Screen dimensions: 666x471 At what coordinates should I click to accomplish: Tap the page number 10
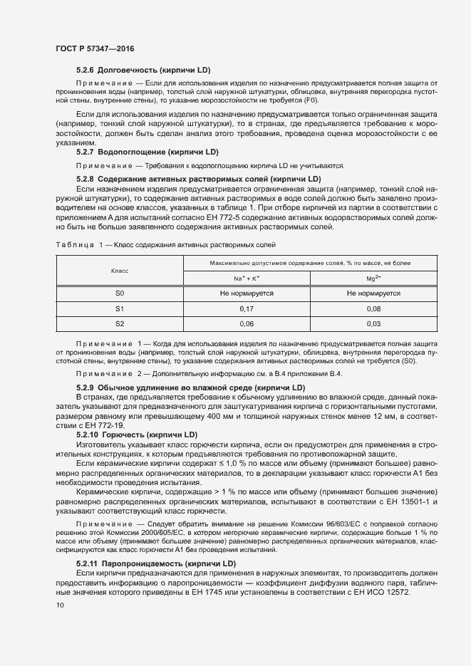tap(60, 605)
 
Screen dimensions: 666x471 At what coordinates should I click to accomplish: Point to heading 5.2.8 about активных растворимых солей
tap(198, 178)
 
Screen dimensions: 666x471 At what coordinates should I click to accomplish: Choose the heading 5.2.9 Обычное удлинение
tap(190, 387)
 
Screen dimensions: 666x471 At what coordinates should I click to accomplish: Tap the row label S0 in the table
tap(120, 293)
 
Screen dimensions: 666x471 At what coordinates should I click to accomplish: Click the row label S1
tap(120, 308)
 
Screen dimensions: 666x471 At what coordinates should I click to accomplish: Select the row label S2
tap(120, 324)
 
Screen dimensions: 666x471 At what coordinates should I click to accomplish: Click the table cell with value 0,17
tap(247, 308)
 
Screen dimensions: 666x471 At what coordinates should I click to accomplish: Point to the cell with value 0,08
tap(374, 308)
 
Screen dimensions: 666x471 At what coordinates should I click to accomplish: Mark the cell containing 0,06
tap(247, 324)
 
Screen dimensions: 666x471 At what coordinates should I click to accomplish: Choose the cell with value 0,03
tap(374, 324)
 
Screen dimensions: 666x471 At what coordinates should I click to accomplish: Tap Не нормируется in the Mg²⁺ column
tap(374, 293)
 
